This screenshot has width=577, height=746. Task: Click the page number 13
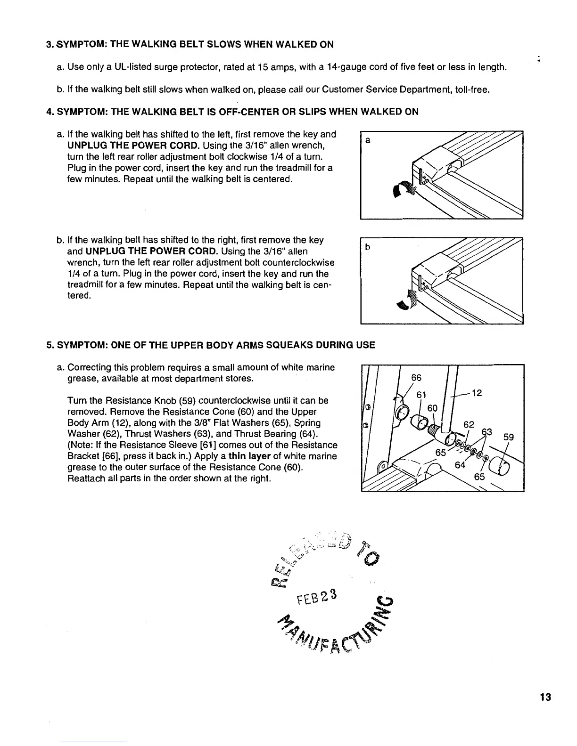pos(545,697)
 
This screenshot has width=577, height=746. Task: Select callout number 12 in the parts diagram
pos(477,392)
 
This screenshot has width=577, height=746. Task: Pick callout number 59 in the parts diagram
pos(508,437)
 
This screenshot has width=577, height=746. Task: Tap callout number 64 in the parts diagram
pos(459,465)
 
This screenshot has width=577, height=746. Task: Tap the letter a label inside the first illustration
pos(368,140)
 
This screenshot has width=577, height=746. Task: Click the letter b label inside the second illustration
pos(368,246)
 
